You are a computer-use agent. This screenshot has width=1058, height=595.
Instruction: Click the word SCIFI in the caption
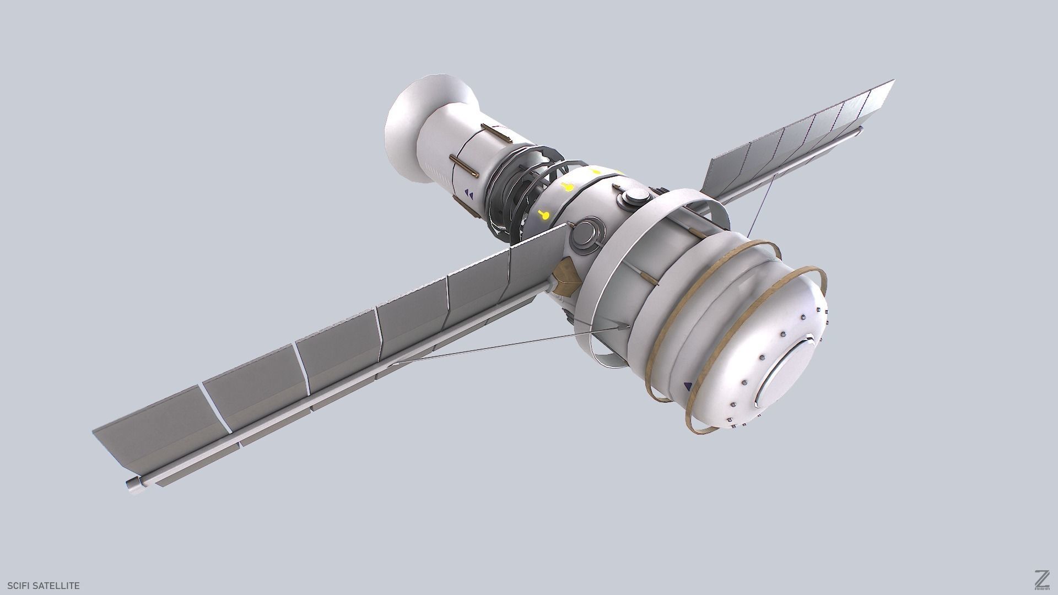click(x=19, y=586)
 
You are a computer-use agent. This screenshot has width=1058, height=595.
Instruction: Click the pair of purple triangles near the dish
click(x=469, y=193)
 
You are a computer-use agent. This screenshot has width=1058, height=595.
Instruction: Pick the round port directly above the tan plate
click(x=584, y=234)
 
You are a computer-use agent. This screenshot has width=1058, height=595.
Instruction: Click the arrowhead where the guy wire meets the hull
click(x=623, y=327)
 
